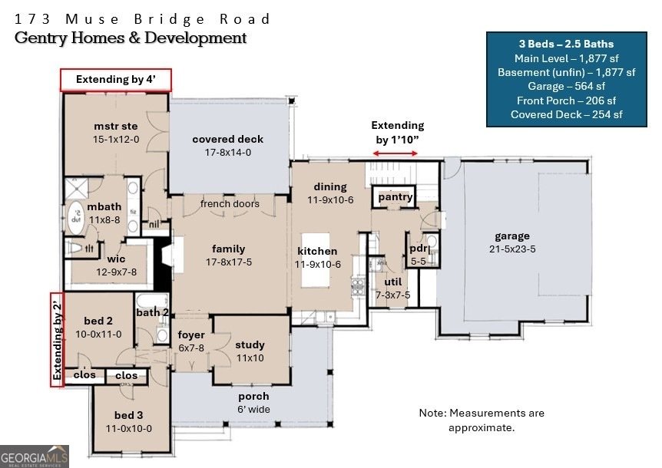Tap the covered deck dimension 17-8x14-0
pos(227,153)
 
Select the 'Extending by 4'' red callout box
pos(116,80)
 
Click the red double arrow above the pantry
pos(397,154)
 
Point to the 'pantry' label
pos(396,197)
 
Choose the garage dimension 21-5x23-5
pos(512,249)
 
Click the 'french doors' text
pos(230,204)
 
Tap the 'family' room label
pos(229,249)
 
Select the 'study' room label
pos(250,345)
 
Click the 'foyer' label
pos(191,335)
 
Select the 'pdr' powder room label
pos(419,249)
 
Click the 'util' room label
pos(392,282)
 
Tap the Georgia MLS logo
pos(35,456)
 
